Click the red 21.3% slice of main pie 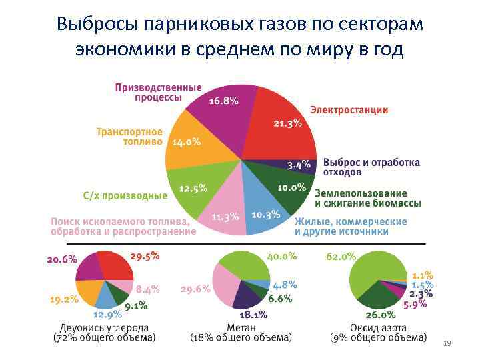click(283, 123)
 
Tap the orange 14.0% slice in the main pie click(187, 143)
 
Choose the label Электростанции click(349, 110)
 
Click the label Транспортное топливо click(129, 136)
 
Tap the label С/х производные click(125, 195)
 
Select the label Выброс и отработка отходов click(371, 167)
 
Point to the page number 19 click(447, 343)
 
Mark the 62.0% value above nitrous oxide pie click(341, 256)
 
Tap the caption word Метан click(241, 328)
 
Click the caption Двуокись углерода click(104, 328)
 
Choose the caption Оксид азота click(378, 328)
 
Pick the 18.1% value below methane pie click(253, 315)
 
